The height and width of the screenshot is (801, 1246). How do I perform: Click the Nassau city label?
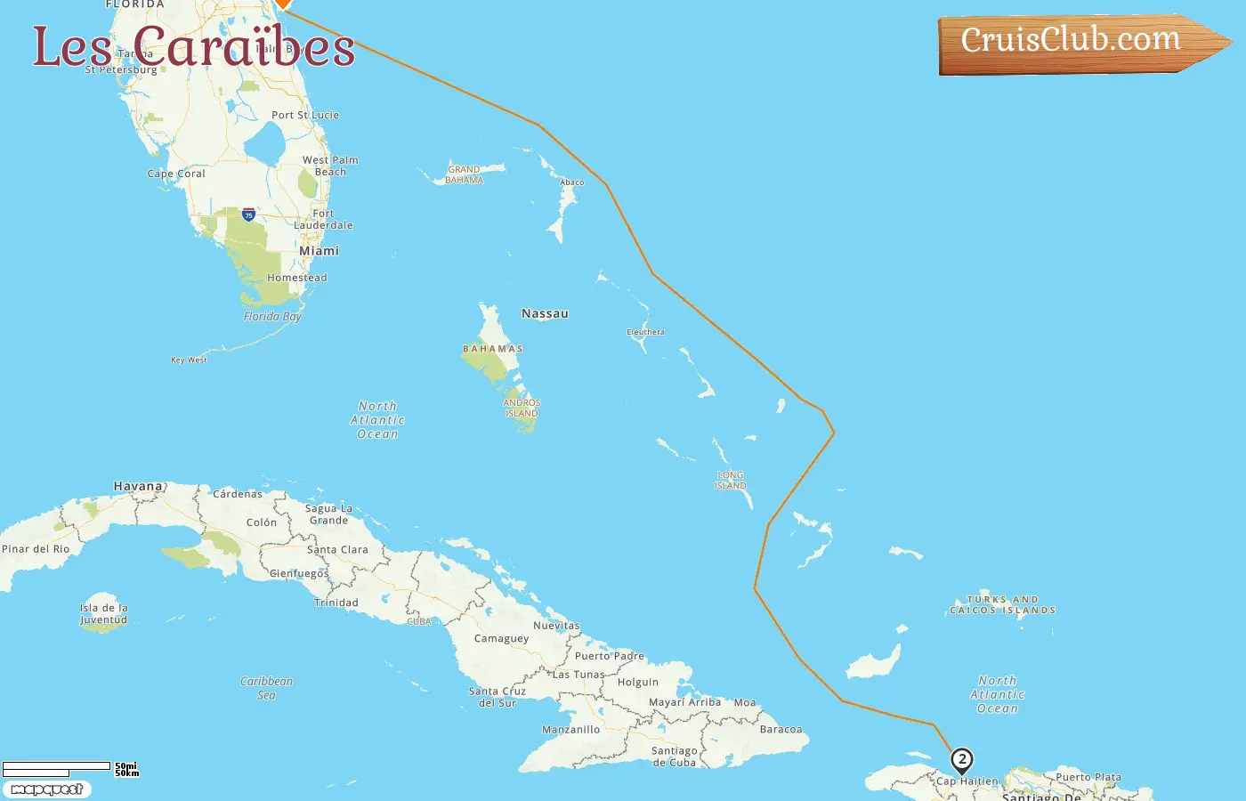[545, 314]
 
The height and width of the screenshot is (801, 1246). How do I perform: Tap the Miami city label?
[319, 251]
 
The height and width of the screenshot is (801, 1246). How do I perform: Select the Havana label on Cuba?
[138, 487]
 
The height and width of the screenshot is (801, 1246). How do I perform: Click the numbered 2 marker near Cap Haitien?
[961, 760]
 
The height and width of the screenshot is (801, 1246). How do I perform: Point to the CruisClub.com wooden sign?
[1077, 43]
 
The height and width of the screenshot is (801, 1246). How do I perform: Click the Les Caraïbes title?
[194, 46]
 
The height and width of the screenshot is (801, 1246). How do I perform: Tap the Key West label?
[189, 360]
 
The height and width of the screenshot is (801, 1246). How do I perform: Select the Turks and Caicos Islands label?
[1003, 605]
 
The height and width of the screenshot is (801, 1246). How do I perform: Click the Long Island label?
[730, 481]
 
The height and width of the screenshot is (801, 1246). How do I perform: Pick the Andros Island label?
[522, 409]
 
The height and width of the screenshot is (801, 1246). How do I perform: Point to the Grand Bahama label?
[464, 174]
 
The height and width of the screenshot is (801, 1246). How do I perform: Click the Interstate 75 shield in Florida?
[248, 214]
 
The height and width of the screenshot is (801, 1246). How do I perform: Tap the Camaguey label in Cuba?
[501, 639]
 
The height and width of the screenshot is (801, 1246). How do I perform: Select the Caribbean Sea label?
[266, 688]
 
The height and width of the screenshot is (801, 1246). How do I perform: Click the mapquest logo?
[46, 789]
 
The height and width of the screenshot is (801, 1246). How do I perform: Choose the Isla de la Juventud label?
[103, 614]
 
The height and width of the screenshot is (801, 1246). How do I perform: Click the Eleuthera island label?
[645, 332]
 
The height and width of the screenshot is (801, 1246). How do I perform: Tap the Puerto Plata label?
[1088, 777]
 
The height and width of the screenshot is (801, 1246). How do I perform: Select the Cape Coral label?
[176, 174]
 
